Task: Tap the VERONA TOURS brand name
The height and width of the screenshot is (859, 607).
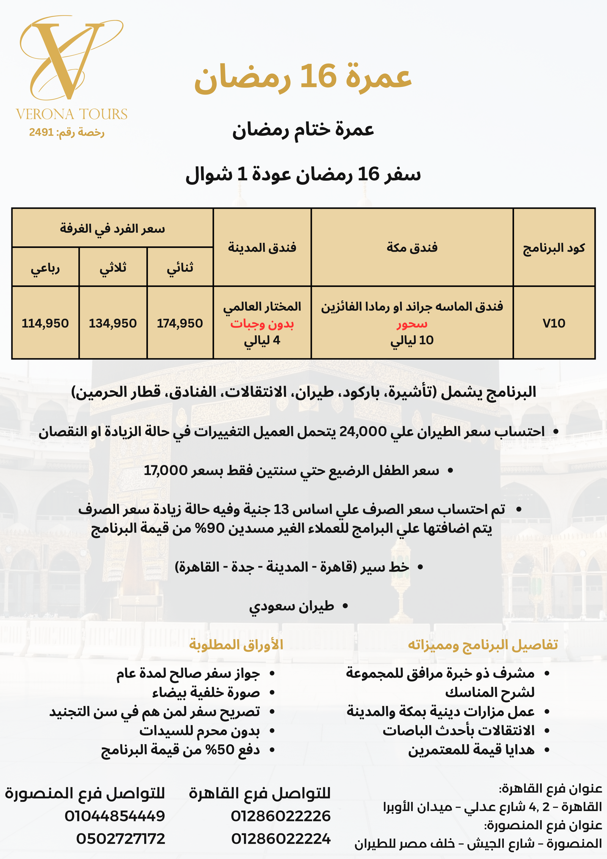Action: tap(72, 114)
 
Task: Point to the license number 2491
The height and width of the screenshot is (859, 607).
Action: tap(41, 132)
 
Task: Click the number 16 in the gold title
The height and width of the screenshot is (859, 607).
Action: tap(318, 76)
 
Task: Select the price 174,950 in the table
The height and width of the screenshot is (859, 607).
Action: tap(180, 323)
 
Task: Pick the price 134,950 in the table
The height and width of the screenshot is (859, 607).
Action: tap(113, 323)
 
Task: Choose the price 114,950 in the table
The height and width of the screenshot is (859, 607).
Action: tap(45, 323)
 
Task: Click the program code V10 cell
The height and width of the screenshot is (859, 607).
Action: tap(554, 323)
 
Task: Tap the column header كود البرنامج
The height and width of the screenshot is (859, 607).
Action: tap(554, 248)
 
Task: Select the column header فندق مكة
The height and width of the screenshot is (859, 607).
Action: tap(412, 248)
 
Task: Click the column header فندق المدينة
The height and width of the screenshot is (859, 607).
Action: tap(262, 248)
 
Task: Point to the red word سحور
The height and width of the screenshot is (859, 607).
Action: tap(412, 324)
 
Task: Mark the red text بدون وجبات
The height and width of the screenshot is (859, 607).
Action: tap(262, 324)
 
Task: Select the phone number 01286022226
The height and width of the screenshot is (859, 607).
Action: tap(281, 816)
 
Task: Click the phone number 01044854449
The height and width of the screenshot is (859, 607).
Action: tap(115, 816)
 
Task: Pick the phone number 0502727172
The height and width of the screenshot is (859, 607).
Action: tap(121, 839)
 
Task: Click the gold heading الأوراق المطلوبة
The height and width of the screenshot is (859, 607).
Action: tap(236, 645)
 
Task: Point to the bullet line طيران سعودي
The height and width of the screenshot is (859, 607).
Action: tap(291, 606)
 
